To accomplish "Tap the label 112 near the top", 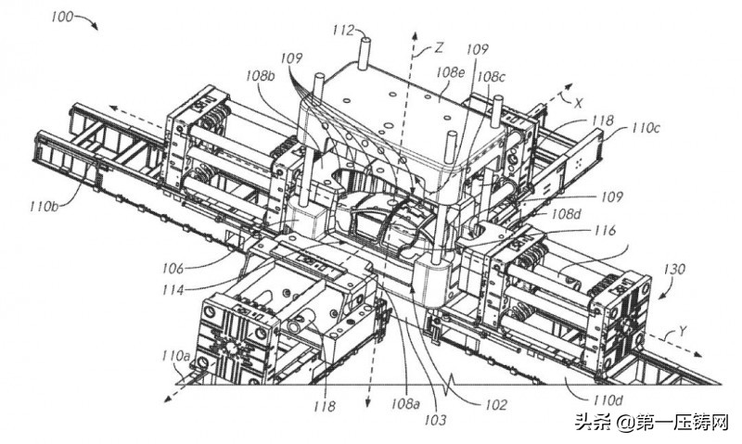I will tap(343, 30).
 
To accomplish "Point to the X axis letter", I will tap(578, 104).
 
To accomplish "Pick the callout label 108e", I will tap(450, 70).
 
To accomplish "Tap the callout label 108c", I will tap(492, 75).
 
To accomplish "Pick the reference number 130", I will tap(675, 270).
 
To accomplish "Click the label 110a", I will tap(175, 356).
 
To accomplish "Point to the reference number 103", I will tap(435, 420).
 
